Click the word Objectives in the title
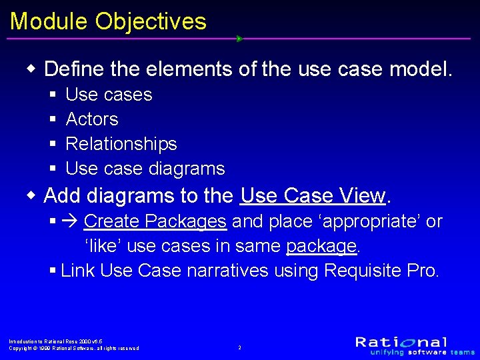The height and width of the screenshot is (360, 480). pyautogui.click(x=151, y=21)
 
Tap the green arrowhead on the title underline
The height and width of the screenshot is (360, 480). pyautogui.click(x=239, y=39)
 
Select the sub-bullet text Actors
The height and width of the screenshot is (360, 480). pyautogui.click(x=92, y=119)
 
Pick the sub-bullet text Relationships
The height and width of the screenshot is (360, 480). pyautogui.click(x=121, y=144)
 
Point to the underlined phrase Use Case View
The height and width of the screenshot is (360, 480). pyautogui.click(x=313, y=196)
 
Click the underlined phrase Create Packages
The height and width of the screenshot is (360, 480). pyautogui.click(x=155, y=221)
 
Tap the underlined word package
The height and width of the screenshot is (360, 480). pyautogui.click(x=321, y=246)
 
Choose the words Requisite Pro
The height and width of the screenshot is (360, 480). pyautogui.click(x=381, y=271)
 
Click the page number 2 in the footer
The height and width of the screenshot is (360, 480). pyautogui.click(x=240, y=347)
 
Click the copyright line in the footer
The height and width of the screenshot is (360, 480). pyautogui.click(x=73, y=348)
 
